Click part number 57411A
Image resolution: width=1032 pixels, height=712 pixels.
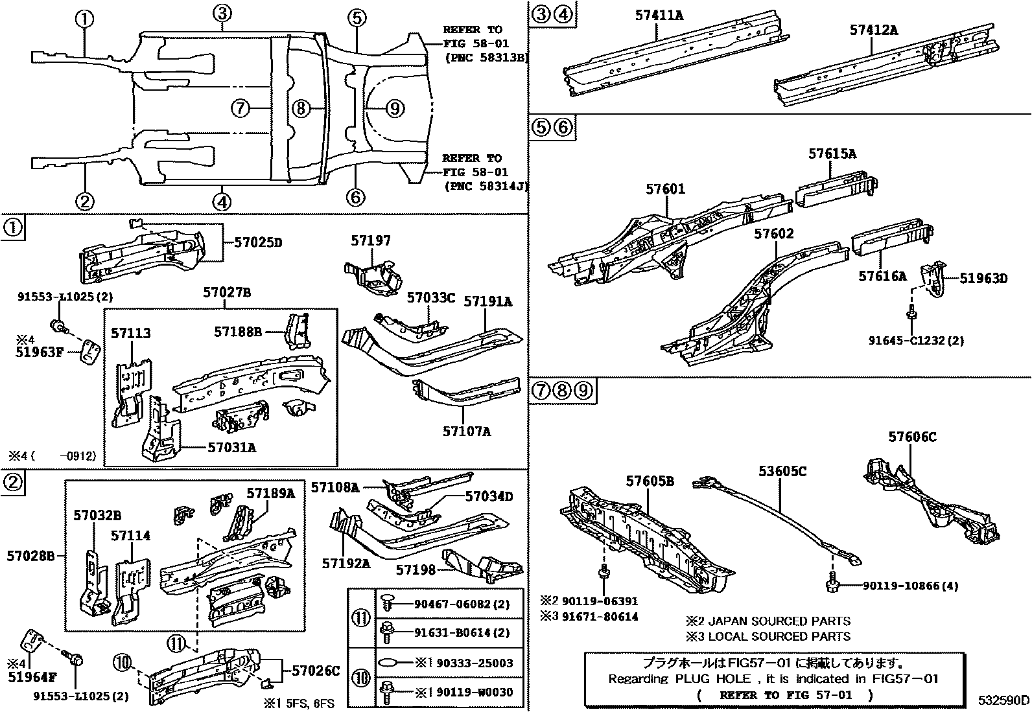pos(659,14)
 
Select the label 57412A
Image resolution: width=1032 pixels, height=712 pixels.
pos(873,30)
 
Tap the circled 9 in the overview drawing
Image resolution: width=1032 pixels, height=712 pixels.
pos(395,108)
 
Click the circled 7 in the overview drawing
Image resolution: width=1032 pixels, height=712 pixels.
pos(240,108)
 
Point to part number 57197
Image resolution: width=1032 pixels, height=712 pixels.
pos(371,241)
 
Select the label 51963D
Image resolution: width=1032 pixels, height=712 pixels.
pos(983,279)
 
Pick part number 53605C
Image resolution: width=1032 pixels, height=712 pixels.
pos(782,472)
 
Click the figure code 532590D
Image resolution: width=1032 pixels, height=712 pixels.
pos(1003,700)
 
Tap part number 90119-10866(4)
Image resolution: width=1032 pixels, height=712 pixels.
pos(910,586)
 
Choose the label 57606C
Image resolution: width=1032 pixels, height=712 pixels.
pos(911,437)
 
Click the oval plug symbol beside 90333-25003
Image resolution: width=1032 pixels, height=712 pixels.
pos(389,663)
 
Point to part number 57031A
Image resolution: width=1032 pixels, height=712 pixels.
pos(231,447)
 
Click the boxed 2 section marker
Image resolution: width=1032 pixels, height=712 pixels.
pos(13,481)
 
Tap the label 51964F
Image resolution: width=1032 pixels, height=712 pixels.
pos(32,678)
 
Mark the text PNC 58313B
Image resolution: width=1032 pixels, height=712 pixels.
pos(486,57)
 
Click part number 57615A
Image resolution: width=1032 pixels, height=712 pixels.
pos(832,154)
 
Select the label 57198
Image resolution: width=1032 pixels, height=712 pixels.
pos(416,569)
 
